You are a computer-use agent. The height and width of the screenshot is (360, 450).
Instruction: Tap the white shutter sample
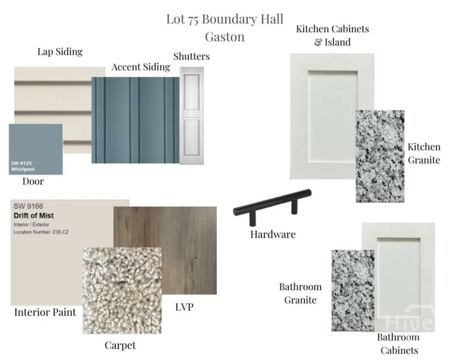[192, 116]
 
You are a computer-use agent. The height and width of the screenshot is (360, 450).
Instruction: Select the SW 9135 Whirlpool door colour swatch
[36, 149]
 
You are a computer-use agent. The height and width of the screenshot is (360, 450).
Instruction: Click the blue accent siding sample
[135, 120]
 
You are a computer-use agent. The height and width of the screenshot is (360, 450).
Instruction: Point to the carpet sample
[122, 291]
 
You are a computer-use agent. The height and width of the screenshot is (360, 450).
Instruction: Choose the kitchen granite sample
[380, 156]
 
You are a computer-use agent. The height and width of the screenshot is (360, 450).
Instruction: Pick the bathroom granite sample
[352, 291]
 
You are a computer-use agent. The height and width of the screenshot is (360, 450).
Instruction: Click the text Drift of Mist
[34, 216]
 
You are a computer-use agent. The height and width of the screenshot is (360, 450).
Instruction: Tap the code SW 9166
[29, 206]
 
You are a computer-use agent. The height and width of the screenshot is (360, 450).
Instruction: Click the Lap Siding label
[60, 52]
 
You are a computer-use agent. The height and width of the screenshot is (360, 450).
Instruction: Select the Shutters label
[191, 56]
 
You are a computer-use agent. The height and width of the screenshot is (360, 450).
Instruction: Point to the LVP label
[184, 307]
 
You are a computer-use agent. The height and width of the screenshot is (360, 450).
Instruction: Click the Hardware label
[273, 234]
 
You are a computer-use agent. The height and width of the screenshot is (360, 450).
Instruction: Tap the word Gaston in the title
[225, 37]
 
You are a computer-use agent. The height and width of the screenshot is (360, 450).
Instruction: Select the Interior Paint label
[45, 312]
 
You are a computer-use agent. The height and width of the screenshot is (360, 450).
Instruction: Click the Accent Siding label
[141, 67]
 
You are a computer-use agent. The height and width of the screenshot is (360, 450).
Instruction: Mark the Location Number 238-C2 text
[41, 232]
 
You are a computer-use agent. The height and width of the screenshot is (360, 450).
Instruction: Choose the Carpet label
[120, 345]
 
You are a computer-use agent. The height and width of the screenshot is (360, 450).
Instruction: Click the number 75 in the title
[194, 20]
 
